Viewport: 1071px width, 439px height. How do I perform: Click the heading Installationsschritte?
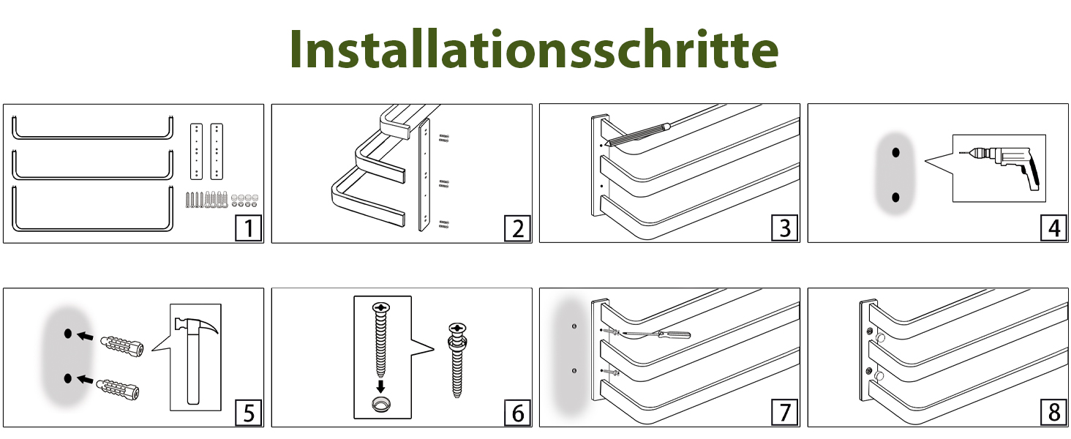[x=534, y=49]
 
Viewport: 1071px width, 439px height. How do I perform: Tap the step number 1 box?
[x=249, y=228]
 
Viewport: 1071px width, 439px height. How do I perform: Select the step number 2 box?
[x=518, y=228]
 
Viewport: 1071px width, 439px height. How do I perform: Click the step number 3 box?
[x=785, y=228]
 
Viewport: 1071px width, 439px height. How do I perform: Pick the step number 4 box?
[x=1053, y=228]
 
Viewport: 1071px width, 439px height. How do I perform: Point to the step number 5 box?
[x=249, y=412]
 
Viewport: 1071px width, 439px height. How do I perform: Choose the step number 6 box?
[x=518, y=412]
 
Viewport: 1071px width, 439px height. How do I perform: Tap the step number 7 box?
[x=785, y=412]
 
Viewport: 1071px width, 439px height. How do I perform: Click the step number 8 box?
[x=1053, y=412]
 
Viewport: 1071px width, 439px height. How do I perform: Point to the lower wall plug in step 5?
[x=118, y=389]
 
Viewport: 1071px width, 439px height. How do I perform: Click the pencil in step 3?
[x=638, y=134]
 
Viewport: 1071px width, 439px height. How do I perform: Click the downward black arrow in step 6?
[x=380, y=386]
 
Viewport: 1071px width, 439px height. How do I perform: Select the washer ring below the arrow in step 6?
[x=381, y=404]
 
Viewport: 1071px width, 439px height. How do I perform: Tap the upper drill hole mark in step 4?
[x=895, y=152]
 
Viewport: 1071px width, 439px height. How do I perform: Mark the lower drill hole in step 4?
[x=895, y=197]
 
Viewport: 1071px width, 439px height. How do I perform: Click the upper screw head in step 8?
[x=869, y=331]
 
